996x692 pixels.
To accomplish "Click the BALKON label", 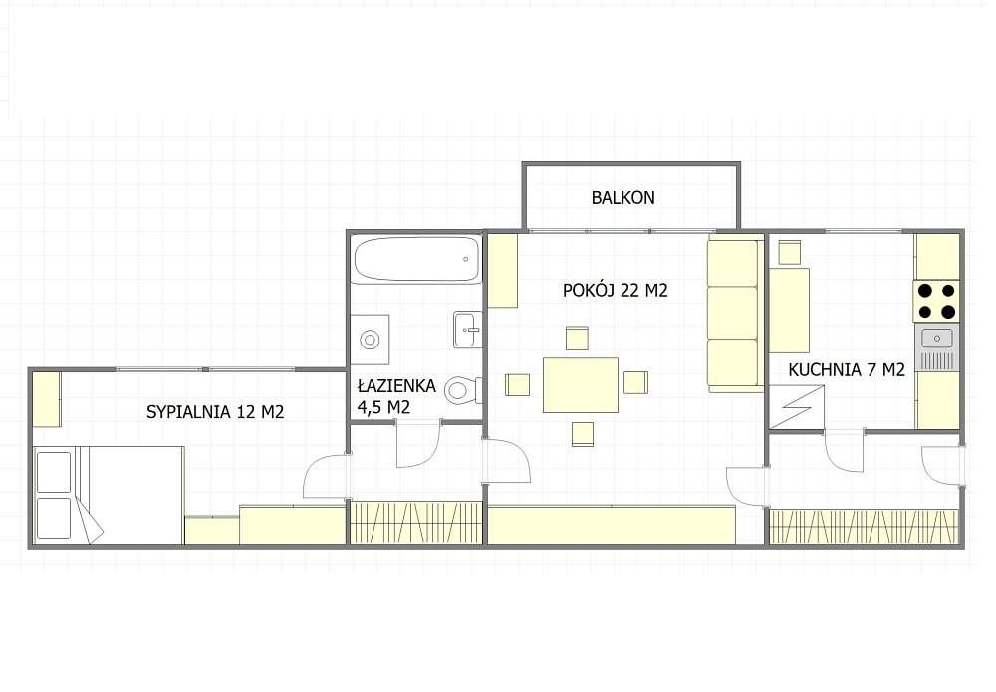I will [x=622, y=197].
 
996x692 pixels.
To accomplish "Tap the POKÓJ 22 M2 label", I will [x=615, y=291].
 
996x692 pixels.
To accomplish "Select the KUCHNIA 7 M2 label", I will [x=846, y=370].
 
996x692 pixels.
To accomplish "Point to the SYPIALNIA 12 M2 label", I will [x=215, y=411].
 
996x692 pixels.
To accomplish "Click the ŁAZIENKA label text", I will [x=395, y=385].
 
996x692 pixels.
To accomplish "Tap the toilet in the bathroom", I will [x=462, y=388].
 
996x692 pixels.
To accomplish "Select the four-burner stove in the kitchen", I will [x=936, y=301].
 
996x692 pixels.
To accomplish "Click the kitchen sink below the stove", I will [x=936, y=340].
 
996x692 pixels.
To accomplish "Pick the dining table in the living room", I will [x=580, y=384].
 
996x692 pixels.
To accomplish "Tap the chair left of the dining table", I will [x=518, y=383].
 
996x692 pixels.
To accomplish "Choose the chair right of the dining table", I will [x=635, y=382].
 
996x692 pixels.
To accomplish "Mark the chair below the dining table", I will [x=583, y=433].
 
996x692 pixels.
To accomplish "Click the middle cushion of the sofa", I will [x=732, y=313].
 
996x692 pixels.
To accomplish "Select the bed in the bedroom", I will [x=109, y=494].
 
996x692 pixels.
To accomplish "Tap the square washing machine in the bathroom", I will [x=370, y=339].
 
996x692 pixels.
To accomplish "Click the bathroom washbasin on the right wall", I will [x=467, y=329].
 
